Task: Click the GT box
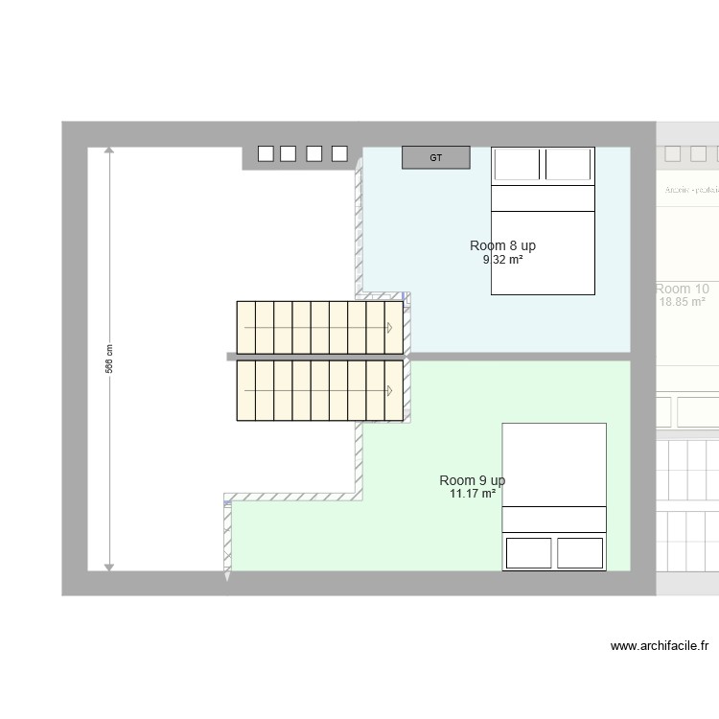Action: [435, 158]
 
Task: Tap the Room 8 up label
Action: [502, 246]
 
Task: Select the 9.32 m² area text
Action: [502, 260]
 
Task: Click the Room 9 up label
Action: [473, 480]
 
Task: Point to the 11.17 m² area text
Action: [473, 494]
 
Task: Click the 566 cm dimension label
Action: [109, 359]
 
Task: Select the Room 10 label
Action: [683, 289]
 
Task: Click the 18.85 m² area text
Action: [683, 302]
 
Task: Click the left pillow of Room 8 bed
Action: [518, 164]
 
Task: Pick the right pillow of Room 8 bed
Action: [568, 164]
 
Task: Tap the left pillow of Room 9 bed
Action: [528, 553]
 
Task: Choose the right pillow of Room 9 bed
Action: [579, 553]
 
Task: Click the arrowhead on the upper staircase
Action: [390, 328]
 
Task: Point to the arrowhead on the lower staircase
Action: [390, 391]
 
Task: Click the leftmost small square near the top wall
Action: [266, 153]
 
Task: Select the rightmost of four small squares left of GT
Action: [338, 153]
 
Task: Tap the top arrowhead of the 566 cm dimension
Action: [109, 151]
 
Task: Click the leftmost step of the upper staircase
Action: [246, 328]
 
